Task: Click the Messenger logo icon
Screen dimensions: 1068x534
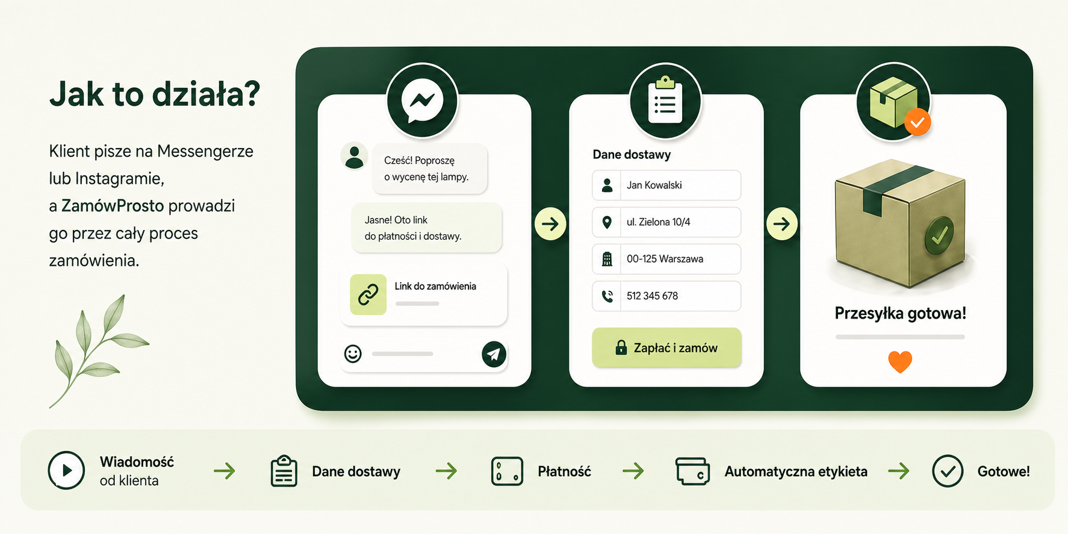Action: [x=422, y=101]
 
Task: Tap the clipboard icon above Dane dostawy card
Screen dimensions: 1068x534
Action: [x=665, y=99]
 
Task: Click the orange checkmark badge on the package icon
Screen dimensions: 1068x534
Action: [x=917, y=122]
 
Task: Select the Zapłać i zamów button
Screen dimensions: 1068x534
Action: [x=666, y=347]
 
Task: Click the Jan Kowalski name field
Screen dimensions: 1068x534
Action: [x=666, y=185]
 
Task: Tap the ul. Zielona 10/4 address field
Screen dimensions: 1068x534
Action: [x=666, y=222]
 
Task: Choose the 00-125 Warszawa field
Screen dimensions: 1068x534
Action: [x=666, y=259]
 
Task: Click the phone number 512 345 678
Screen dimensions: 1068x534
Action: [x=652, y=296]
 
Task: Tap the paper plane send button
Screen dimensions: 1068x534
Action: [x=494, y=353]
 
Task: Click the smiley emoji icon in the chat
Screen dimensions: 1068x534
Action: [x=353, y=353]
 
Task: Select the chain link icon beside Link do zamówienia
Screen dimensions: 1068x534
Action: [x=368, y=294]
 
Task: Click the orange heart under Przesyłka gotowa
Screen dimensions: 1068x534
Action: [x=900, y=362]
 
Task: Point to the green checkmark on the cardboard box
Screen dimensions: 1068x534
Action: [x=939, y=235]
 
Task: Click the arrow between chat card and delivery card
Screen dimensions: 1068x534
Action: [x=550, y=224]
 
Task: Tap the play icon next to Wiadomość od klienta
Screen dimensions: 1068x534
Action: [x=66, y=470]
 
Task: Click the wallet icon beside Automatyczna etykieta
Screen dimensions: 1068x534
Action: [x=692, y=471]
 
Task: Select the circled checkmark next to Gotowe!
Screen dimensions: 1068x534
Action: [x=948, y=471]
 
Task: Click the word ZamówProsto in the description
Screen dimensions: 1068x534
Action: [x=113, y=206]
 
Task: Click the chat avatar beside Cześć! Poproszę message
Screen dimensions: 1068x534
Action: [x=355, y=157]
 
